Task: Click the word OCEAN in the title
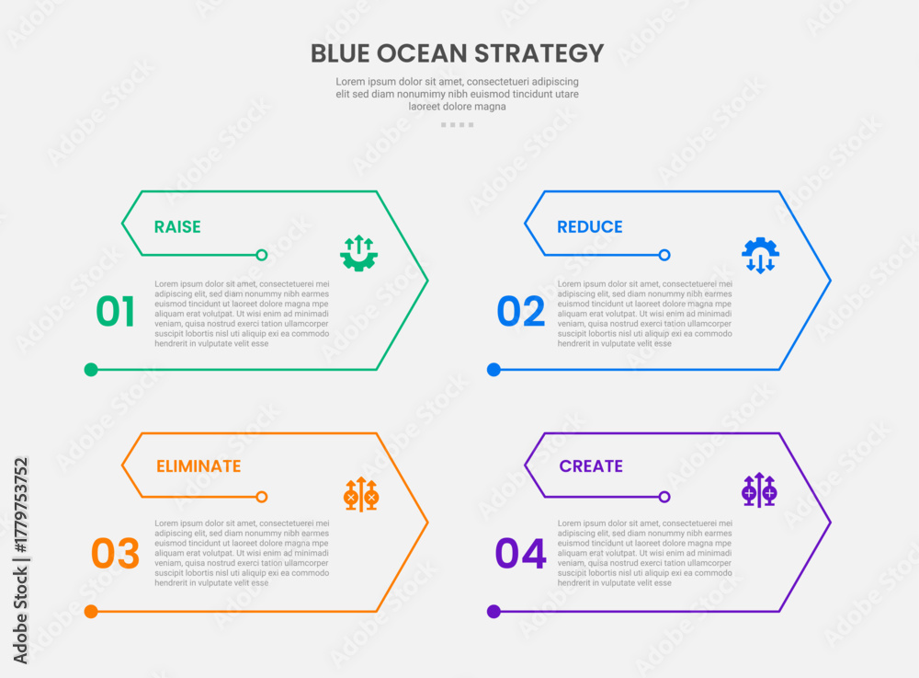pyautogui.click(x=422, y=53)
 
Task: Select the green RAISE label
pyautogui.click(x=177, y=227)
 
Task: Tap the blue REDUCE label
pyautogui.click(x=590, y=227)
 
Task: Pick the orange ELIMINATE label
pyautogui.click(x=199, y=466)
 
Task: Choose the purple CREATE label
pyautogui.click(x=591, y=466)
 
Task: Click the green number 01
pyautogui.click(x=116, y=312)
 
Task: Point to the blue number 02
pyautogui.click(x=520, y=312)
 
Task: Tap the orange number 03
pyautogui.click(x=116, y=553)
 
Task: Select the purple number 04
pyautogui.click(x=520, y=553)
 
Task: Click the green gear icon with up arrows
pyautogui.click(x=358, y=253)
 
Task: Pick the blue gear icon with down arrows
pyautogui.click(x=760, y=255)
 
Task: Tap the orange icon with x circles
pyautogui.click(x=361, y=494)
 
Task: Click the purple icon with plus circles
pyautogui.click(x=759, y=489)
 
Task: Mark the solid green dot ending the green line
pyautogui.click(x=91, y=370)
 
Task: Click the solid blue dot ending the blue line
pyautogui.click(x=494, y=370)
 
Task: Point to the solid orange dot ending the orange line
pyautogui.click(x=91, y=612)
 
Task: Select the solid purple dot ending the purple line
pyautogui.click(x=494, y=612)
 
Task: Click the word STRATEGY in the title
pyautogui.click(x=539, y=53)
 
